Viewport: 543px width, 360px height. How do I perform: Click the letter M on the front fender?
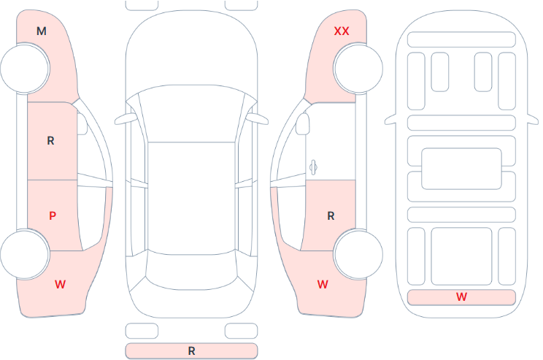[x=42, y=31]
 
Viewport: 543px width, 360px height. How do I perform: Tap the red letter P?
[x=53, y=216]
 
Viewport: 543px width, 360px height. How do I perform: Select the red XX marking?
[x=342, y=31]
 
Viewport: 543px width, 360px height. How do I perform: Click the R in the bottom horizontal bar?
[x=191, y=351]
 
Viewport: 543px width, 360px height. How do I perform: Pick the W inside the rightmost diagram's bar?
[x=461, y=296]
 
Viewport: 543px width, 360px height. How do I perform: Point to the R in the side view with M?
[x=50, y=141]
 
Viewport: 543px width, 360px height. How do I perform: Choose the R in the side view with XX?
[x=331, y=216]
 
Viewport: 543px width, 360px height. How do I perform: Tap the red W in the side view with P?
[x=61, y=285]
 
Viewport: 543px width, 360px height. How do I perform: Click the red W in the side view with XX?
[x=323, y=285]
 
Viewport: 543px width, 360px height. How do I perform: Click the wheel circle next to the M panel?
[x=25, y=68]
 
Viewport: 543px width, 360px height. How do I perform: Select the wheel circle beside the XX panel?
[x=358, y=68]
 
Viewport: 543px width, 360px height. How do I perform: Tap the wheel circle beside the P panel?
[x=25, y=255]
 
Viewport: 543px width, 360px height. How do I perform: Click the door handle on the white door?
[x=313, y=167]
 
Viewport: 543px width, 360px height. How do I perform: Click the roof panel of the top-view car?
[x=191, y=198]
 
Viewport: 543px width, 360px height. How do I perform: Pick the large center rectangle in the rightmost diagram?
[x=461, y=169]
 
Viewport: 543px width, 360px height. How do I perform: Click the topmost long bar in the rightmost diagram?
[x=461, y=39]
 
